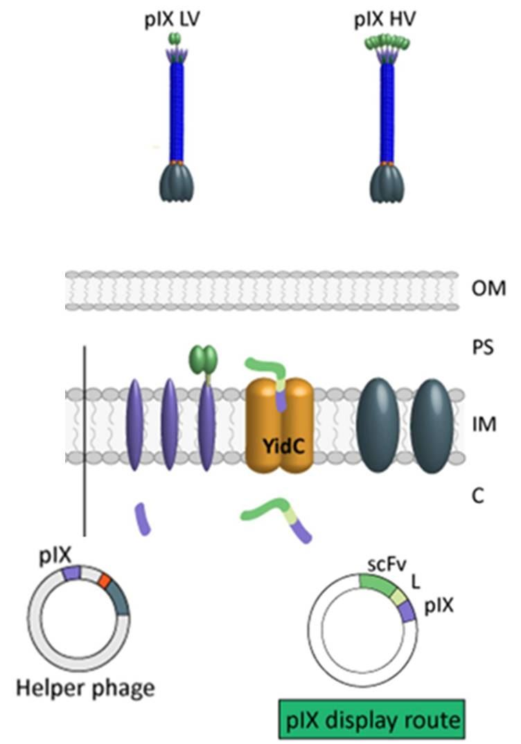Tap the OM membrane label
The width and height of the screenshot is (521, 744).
pos(488,287)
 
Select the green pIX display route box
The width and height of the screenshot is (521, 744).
pos(371,720)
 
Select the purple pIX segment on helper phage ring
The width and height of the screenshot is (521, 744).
pos(72,573)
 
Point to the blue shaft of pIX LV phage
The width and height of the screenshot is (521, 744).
pos(177,111)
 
